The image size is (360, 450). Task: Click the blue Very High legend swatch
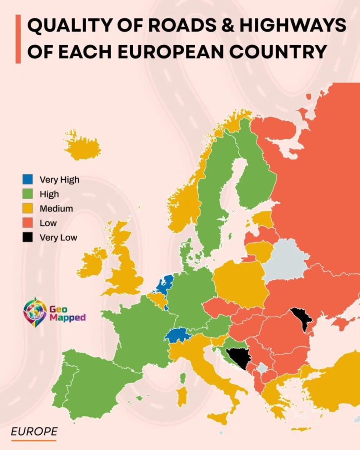(x=28, y=179)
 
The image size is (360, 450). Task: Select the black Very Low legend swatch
(x=28, y=238)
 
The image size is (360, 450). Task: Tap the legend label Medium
(x=56, y=208)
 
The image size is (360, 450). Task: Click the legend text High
(x=49, y=194)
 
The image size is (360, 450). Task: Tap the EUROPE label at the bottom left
(x=34, y=432)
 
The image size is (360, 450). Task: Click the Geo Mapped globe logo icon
(x=35, y=312)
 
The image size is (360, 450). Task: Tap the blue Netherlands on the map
(x=165, y=284)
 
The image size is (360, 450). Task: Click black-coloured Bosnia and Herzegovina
(x=238, y=356)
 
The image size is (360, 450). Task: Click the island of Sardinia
(x=181, y=395)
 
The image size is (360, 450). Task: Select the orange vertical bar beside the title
(x=18, y=39)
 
